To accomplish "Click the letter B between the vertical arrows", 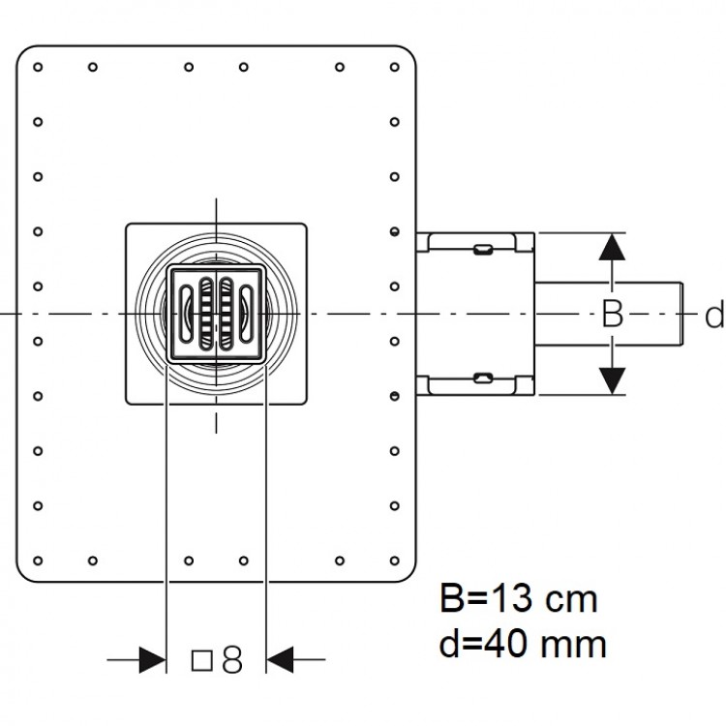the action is pos(612,314).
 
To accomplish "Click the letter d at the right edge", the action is pos(715,315).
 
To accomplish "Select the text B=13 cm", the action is pos(519,598).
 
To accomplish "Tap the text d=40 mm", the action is pos(523,643).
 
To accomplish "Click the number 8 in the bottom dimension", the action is pos(232,660).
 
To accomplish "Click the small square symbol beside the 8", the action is pos(202,660).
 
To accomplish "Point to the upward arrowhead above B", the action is pos(612,247).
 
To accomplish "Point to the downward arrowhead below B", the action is pos(612,381).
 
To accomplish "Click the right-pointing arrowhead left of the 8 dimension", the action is pos(152,660).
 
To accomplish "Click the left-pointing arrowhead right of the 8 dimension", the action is pos(280,660).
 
